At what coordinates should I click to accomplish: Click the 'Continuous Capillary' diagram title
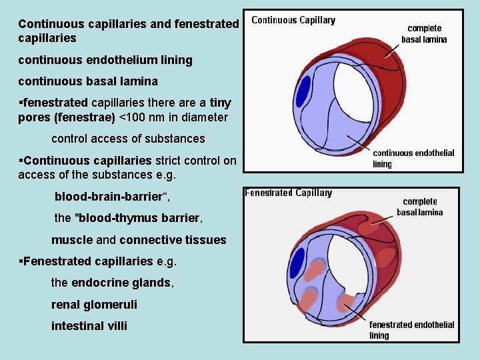point(293,20)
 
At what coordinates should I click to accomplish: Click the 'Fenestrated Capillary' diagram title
point(288,193)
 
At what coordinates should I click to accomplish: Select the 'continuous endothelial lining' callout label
point(413,158)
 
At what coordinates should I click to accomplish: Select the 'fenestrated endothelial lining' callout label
point(411,329)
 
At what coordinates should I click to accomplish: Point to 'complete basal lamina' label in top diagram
point(424,34)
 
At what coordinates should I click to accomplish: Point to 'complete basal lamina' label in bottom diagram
point(420,207)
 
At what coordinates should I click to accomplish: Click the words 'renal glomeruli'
point(94,304)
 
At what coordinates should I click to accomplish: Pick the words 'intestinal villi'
point(89,325)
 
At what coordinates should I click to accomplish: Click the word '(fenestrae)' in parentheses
point(85,117)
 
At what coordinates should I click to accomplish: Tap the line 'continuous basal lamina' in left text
point(88,81)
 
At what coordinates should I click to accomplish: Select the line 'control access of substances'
point(128,139)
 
